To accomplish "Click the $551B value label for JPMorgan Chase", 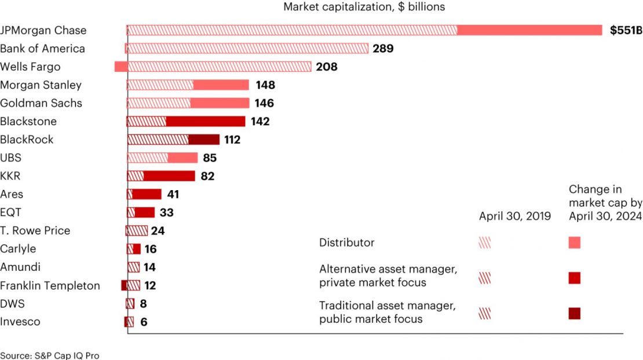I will point(626,30).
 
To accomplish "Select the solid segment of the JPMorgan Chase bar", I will point(530,30).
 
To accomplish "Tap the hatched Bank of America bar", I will point(247,49).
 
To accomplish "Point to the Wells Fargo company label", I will point(30,67).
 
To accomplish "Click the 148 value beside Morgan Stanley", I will point(265,85).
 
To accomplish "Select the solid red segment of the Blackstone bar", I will point(206,122).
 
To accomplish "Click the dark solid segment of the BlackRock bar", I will point(204,140).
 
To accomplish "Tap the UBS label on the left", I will point(10,158).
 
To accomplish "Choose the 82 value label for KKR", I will point(207,176).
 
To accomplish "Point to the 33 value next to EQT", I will point(167,213).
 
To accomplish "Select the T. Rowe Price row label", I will point(35,231).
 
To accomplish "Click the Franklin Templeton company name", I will point(50,286).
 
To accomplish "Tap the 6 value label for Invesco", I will point(144,322).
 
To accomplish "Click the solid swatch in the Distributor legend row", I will point(575,243).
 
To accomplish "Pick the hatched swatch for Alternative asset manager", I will point(485,278).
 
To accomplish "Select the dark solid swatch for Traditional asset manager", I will point(575,314).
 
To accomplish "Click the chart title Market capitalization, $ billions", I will point(364,7).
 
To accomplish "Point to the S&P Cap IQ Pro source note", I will point(46,355).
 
